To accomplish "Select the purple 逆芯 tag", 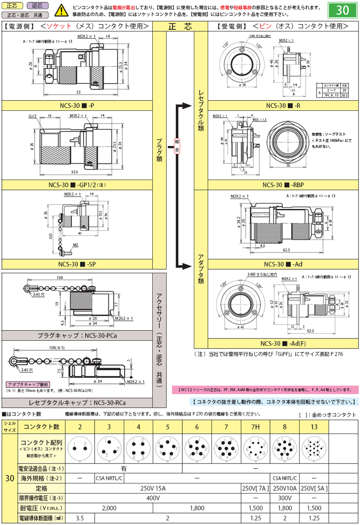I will click(37, 6).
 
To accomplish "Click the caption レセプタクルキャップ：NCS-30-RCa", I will click(77, 402).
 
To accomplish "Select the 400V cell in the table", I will click(153, 498).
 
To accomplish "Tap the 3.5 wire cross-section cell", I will click(80, 519).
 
